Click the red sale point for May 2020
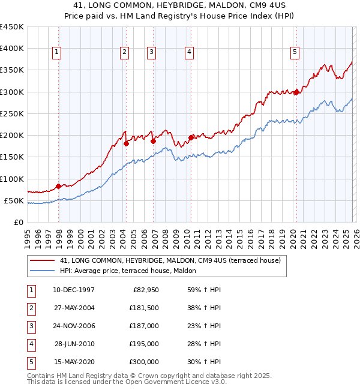[296, 92]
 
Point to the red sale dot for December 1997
[58, 186]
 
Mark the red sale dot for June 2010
[191, 137]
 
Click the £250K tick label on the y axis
[12, 113]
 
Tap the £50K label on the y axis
[14, 200]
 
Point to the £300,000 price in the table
[144, 362]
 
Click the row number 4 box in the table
[31, 344]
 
